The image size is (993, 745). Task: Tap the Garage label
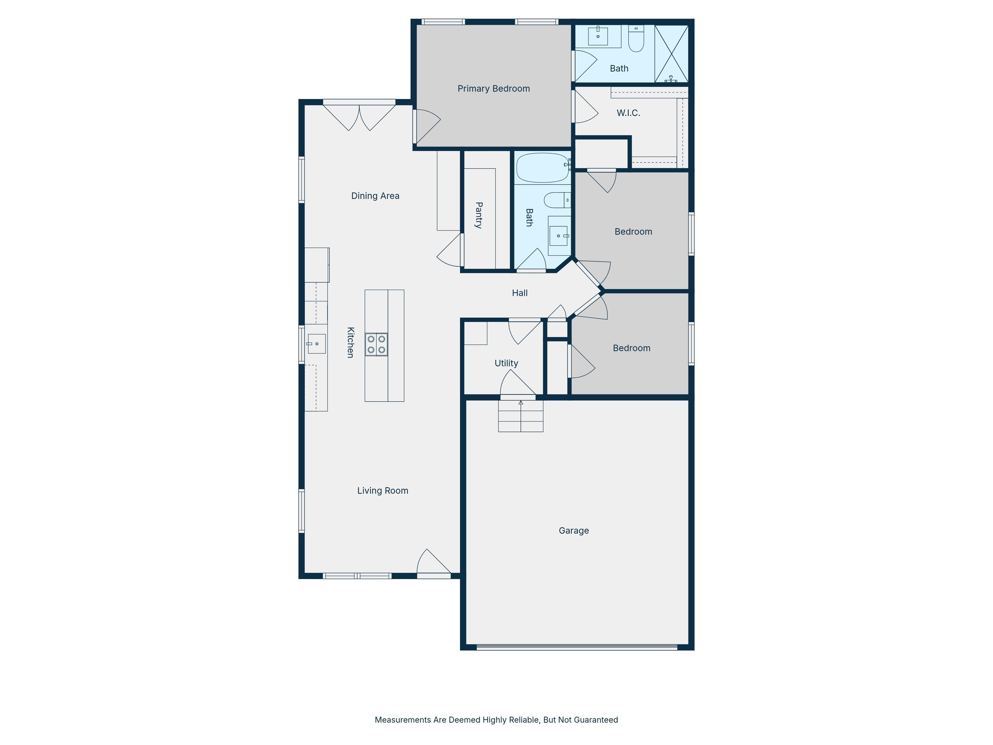click(574, 531)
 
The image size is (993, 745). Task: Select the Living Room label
click(382, 491)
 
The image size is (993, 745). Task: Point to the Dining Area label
click(375, 196)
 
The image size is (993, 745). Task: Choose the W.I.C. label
click(628, 113)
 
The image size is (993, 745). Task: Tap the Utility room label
click(507, 363)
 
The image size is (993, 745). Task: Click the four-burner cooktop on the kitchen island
click(376, 344)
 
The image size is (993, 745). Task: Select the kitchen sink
click(316, 343)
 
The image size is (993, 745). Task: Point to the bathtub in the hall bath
click(543, 168)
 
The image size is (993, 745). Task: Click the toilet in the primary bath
click(636, 38)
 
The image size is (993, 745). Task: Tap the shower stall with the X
click(671, 54)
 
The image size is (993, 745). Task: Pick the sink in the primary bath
click(598, 36)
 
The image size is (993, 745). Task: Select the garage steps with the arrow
click(521, 416)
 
